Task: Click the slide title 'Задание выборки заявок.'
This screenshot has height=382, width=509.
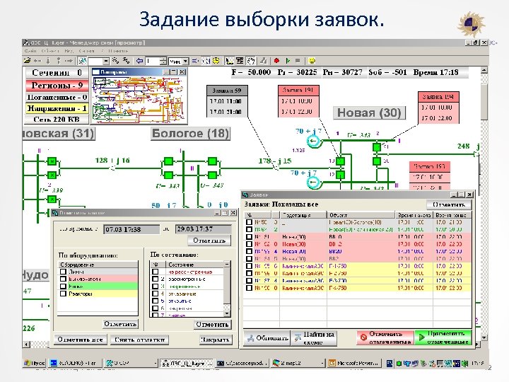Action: pos(262,19)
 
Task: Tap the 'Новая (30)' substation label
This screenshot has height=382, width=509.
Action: pos(369,112)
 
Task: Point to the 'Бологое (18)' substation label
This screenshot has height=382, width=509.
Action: pos(190,133)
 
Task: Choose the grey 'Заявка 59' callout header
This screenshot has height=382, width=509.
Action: pos(228,91)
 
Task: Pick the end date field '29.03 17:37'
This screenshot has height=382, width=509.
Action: pos(197,230)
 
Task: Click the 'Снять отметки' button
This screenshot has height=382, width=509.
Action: pos(139,340)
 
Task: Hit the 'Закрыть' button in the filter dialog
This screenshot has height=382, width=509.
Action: pos(214,340)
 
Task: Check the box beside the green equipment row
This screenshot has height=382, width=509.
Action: pos(63,286)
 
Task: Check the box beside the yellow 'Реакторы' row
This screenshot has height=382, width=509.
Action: pos(63,294)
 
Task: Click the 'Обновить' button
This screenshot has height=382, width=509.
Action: pos(267,337)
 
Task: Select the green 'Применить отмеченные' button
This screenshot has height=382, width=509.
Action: pos(443,337)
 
